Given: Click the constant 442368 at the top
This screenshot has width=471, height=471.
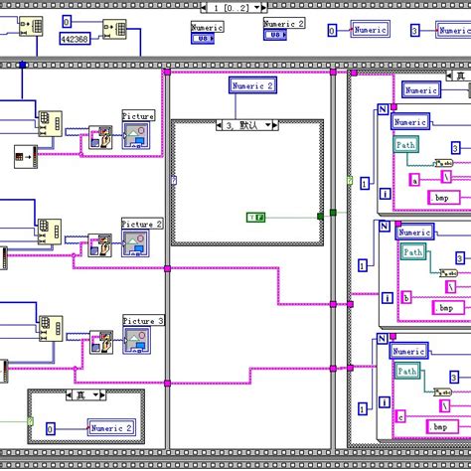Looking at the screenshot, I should click(76, 40).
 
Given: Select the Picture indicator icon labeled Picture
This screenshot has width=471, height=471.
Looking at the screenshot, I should click(137, 134).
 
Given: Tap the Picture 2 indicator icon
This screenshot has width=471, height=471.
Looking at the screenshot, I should click(137, 241).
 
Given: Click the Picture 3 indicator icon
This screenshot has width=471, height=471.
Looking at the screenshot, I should click(137, 339).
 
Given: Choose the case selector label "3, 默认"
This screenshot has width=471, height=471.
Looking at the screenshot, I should click(246, 125).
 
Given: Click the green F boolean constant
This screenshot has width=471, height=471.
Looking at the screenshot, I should click(255, 216).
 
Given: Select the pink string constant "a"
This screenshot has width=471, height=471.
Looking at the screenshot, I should click(415, 180).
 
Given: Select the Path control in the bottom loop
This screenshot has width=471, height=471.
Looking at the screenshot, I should click(407, 372).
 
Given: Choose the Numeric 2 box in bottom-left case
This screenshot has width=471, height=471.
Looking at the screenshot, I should click(111, 428).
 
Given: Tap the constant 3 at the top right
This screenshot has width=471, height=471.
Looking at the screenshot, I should click(415, 31).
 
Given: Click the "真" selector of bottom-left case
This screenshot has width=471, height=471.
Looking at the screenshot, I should click(82, 394).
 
